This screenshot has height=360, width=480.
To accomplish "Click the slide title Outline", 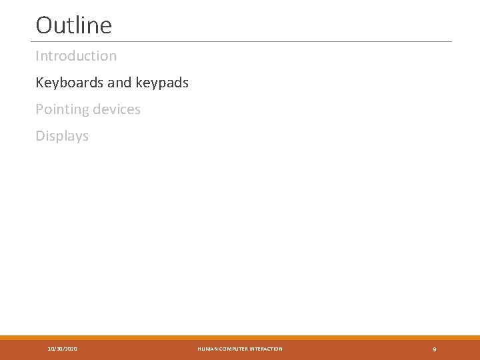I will point(73,25).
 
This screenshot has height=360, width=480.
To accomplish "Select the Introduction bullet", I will point(76,56).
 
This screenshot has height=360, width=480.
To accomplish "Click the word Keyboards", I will point(69,83).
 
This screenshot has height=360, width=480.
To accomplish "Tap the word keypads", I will point(162,83).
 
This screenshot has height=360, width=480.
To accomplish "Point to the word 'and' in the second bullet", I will point(119,83).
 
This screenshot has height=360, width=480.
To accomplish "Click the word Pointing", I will point(59,109).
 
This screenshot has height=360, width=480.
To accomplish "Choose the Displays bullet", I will point(62,136).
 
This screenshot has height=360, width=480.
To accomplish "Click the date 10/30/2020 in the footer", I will point(63,349).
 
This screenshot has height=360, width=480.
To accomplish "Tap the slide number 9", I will point(435,349).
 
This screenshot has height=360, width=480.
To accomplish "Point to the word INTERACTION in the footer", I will point(265,349).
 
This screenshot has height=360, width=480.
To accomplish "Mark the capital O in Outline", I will point(44,25).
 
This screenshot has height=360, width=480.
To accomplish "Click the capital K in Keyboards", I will point(39,83).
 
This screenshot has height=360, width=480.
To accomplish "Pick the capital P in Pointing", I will point(39,109).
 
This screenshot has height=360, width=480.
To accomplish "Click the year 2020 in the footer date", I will point(71,349).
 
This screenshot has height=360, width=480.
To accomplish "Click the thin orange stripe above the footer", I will point(240,337).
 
